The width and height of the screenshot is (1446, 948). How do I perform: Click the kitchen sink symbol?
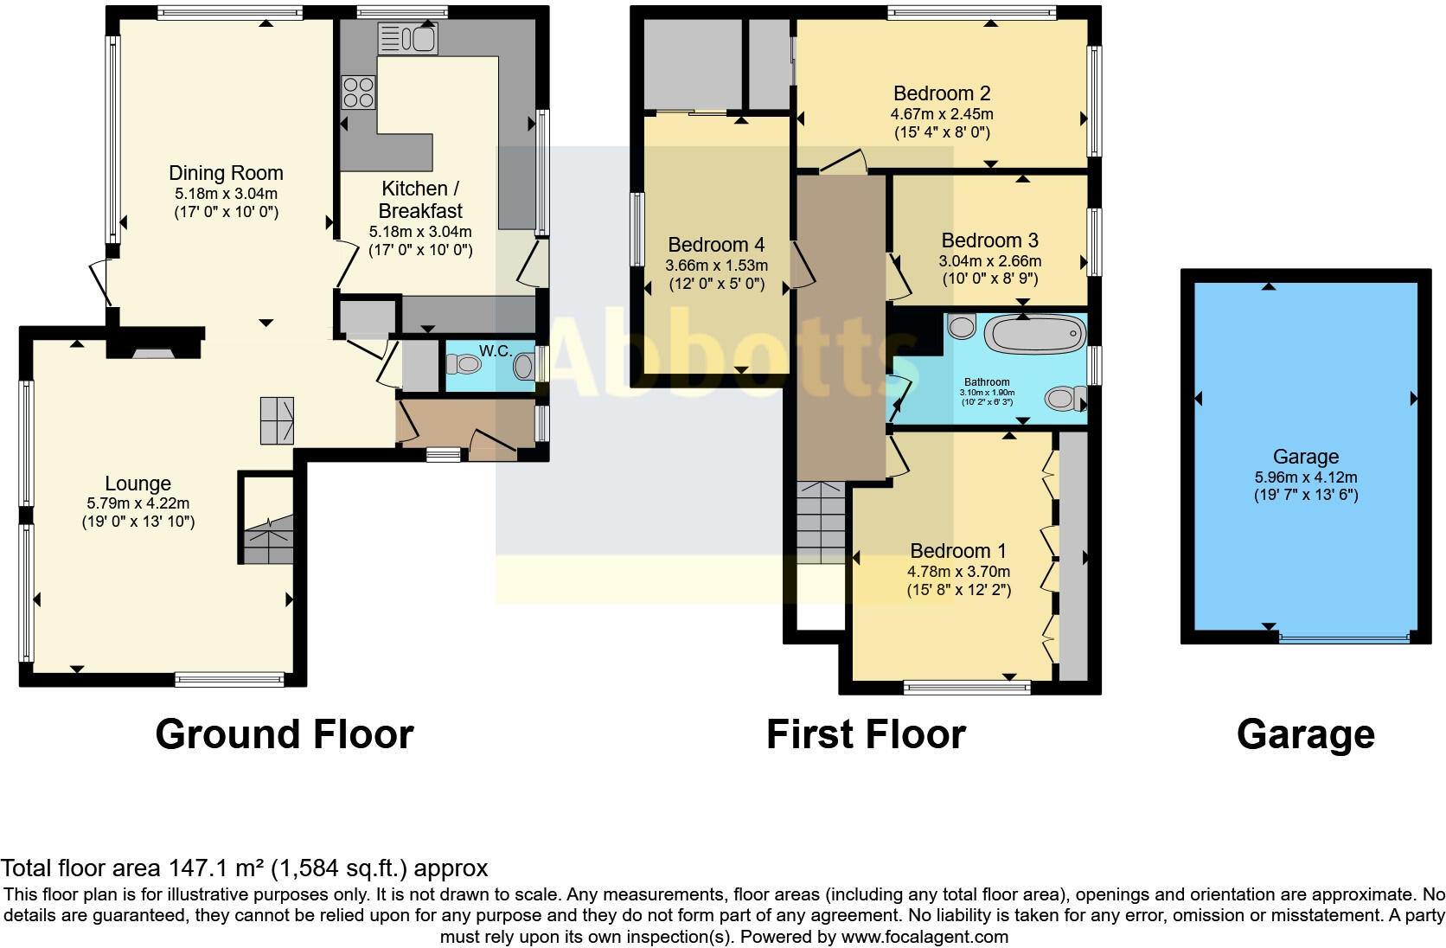pos(407,39)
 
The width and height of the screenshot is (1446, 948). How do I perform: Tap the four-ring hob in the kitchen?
pos(359,92)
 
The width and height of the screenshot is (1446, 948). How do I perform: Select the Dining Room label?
pos(226,173)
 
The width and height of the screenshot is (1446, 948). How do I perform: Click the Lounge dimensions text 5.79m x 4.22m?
pos(138,503)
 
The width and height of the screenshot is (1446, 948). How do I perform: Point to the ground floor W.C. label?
pos(496,351)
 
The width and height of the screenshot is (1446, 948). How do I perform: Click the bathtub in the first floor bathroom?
pos(1035,333)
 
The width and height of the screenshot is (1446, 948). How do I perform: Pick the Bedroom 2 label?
pos(942,93)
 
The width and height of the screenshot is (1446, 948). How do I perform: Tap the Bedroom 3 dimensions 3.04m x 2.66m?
pos(989,260)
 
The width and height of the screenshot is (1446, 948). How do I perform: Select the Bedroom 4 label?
pos(716,245)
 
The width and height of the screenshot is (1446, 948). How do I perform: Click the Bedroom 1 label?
pos(958,551)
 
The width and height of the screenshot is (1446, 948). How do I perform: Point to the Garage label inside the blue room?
pos(1305,457)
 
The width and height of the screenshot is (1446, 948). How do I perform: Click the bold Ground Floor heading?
pos(285,734)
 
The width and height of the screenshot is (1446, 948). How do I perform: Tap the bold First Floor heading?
pos(866,734)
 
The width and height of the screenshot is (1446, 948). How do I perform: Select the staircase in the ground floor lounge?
pos(268,541)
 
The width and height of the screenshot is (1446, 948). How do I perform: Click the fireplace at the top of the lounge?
pos(148,351)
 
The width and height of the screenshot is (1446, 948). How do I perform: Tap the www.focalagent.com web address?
pos(925,936)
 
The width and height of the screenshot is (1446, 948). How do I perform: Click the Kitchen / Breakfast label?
pos(420,200)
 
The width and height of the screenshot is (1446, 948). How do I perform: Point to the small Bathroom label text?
pos(987,382)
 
